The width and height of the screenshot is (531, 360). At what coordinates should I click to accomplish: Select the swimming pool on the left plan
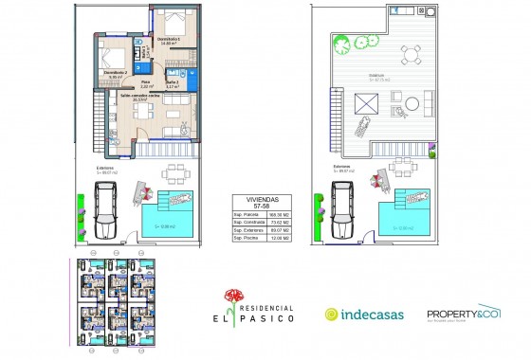pos(172,213)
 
